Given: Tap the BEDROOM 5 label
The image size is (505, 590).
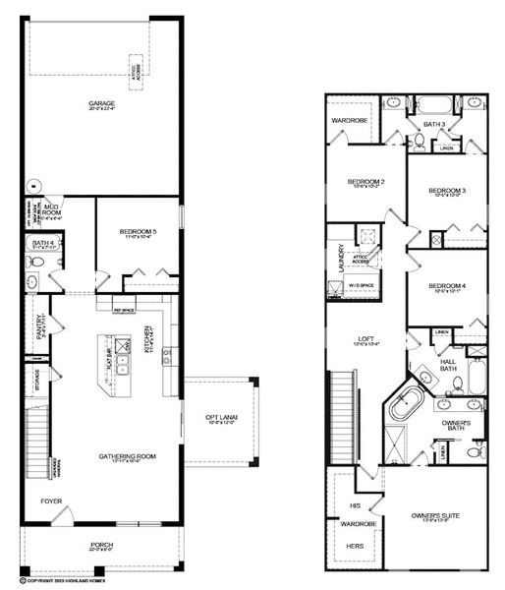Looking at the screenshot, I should (x=140, y=232).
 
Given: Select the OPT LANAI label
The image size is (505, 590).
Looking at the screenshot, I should (x=222, y=417).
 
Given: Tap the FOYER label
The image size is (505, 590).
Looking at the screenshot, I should (x=51, y=501).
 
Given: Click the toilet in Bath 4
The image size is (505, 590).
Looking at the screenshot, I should (x=33, y=264).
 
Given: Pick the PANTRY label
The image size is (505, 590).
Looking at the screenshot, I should (x=40, y=325).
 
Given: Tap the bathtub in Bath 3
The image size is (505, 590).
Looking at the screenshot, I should (x=433, y=104).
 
